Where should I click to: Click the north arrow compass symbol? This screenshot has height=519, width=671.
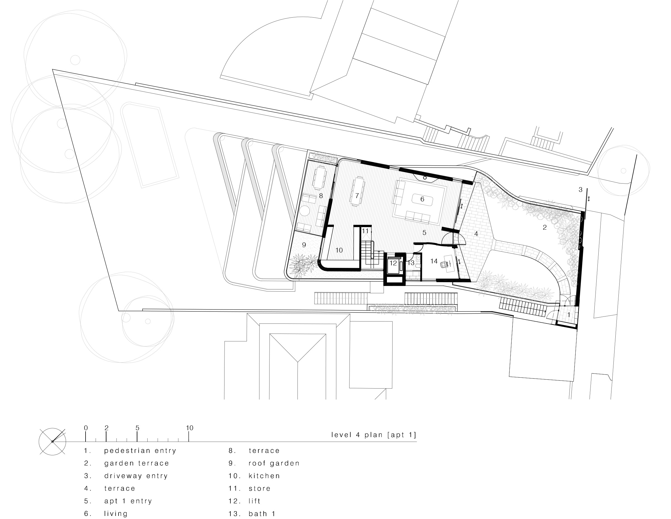point(53,441)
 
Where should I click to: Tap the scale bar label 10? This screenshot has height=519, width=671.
point(190,428)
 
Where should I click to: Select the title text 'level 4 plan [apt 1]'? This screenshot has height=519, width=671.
point(374,435)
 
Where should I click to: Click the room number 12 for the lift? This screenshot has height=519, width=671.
point(393,263)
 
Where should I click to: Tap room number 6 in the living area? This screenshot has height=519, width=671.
point(422,199)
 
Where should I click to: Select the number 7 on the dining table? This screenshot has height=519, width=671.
point(357,196)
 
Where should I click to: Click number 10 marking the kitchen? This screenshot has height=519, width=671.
point(339,250)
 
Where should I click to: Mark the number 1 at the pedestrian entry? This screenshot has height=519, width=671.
point(569,315)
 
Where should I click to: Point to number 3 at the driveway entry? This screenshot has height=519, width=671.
point(580,190)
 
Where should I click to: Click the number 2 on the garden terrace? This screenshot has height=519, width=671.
point(545,227)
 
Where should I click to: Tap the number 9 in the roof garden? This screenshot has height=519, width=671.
point(304,245)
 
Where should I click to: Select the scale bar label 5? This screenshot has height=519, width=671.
point(137,428)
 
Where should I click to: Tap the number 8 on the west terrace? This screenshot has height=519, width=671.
point(321,196)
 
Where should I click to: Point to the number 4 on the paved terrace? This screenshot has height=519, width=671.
point(476,234)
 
